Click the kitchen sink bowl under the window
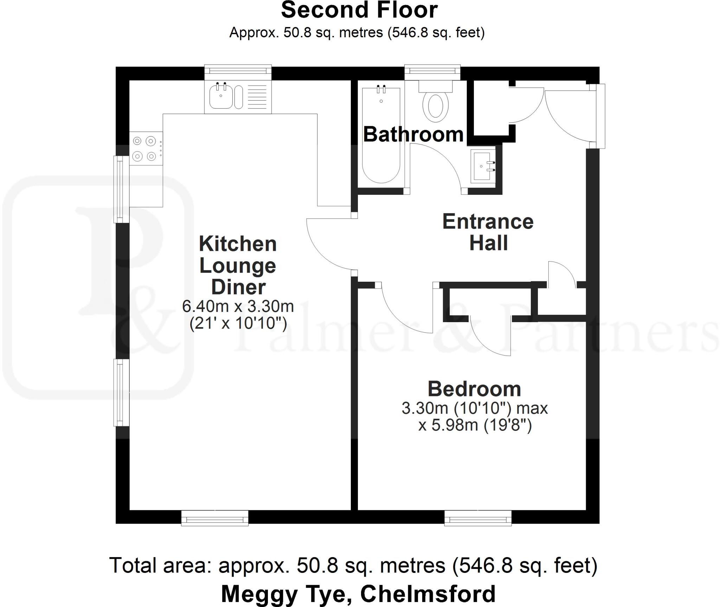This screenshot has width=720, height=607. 221,97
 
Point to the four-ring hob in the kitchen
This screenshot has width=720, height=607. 145,148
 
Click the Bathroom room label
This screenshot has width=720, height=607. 413,134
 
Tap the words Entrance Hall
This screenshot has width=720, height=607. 488,232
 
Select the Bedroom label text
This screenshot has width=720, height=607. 474,389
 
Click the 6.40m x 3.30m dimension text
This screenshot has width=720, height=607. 238,306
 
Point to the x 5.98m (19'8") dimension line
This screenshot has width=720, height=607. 475,426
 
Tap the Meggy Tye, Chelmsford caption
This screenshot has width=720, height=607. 358,594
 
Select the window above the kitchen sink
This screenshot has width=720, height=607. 238,71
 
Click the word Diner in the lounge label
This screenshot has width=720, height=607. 238,287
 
